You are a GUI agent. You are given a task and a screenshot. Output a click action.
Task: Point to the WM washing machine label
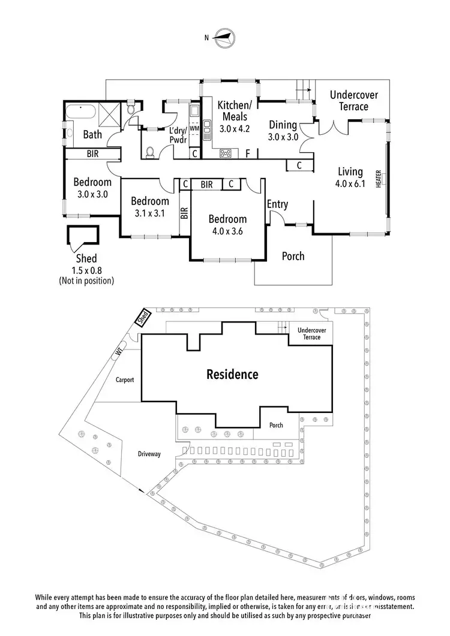tap(194, 128)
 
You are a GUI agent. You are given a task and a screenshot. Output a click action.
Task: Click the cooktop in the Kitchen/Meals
tap(226, 153)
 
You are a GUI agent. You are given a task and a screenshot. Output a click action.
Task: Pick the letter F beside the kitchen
tap(248, 153)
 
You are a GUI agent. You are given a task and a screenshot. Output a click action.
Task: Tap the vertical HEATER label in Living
tap(379, 179)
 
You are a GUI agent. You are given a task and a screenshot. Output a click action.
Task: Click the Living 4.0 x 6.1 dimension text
tap(352, 184)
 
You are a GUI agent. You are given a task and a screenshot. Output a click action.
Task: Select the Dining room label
tap(283, 125)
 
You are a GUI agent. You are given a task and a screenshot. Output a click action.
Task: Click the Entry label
tap(277, 204)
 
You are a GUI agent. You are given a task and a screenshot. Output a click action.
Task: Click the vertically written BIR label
tap(185, 213)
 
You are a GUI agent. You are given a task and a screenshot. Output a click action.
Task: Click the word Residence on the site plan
tap(232, 375)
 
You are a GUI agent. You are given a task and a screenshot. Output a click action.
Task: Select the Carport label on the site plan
tap(125, 379)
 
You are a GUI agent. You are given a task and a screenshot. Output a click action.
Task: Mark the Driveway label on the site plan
tap(149, 454)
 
